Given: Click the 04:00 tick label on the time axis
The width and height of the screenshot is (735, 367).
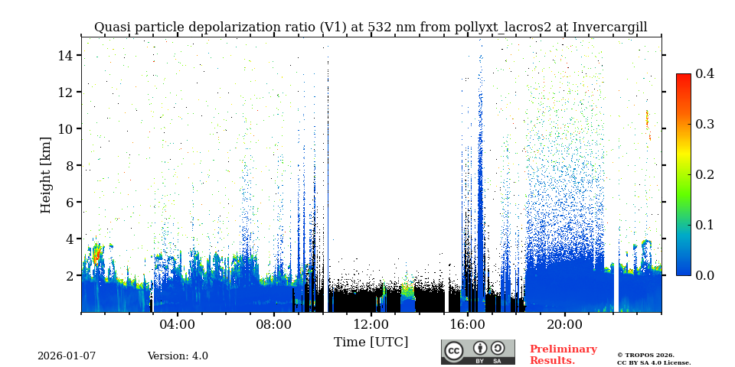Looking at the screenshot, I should (177, 324).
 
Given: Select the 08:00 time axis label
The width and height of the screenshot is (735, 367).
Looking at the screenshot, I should (274, 324).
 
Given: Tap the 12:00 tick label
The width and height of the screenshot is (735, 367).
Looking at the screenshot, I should (371, 324).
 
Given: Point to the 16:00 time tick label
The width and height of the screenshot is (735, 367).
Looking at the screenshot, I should (468, 324).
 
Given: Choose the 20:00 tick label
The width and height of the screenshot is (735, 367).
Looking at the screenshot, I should (564, 324).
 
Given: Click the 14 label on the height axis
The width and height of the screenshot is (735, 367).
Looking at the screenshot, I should (65, 56).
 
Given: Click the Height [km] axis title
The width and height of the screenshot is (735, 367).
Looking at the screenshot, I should (46, 174).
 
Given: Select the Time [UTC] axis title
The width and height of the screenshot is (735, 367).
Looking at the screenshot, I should (371, 343).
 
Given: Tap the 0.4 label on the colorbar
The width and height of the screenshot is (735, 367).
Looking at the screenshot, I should (704, 73).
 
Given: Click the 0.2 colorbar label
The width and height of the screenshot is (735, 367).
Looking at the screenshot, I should (704, 174).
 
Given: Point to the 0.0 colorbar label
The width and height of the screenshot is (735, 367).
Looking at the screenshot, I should (704, 275).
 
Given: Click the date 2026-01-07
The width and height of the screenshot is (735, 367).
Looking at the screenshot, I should (67, 356).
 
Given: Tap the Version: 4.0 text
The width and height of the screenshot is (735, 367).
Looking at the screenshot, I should (178, 356).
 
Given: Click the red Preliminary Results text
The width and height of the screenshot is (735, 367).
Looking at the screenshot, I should (563, 355).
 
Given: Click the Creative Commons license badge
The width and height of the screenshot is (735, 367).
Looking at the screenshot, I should (478, 352).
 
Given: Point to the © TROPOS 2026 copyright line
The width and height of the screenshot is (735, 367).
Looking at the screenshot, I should (645, 355).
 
